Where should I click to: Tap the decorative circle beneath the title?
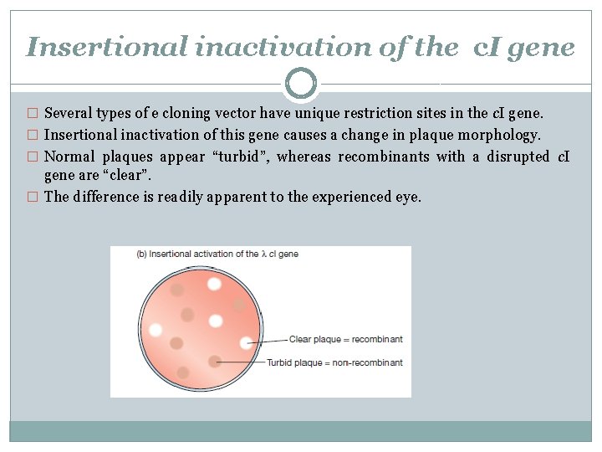pyautogui.click(x=301, y=84)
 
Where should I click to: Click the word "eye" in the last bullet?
pyautogui.click(x=410, y=198)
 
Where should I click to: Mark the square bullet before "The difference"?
pyautogui.click(x=33, y=198)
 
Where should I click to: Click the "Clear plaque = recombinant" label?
pyautogui.click(x=345, y=339)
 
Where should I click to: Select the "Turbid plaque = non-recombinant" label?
pyautogui.click(x=334, y=362)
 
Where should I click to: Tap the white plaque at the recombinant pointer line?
pyautogui.click(x=246, y=342)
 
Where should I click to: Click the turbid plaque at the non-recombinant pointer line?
pyautogui.click(x=215, y=362)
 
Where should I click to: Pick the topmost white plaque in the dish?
pyautogui.click(x=214, y=284)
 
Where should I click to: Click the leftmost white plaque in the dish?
pyautogui.click(x=156, y=330)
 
